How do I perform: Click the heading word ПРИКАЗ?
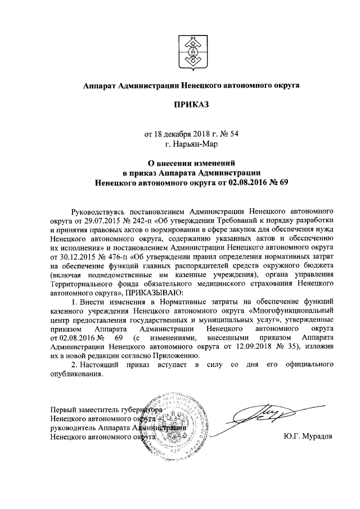(191, 106)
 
